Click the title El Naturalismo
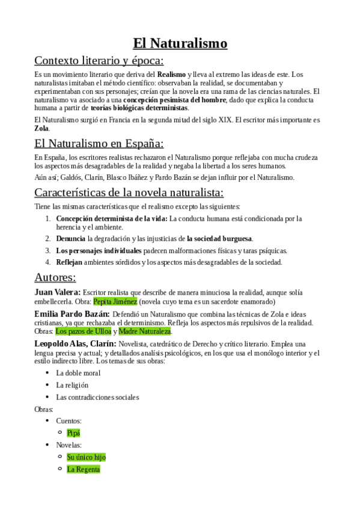(180, 43)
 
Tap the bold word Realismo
(171, 74)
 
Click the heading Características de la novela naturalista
(129, 192)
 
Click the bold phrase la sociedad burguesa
(219, 238)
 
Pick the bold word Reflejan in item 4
(69, 262)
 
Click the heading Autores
(55, 277)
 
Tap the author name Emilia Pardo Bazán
(72, 313)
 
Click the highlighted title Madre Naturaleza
(145, 331)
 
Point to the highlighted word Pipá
(73, 432)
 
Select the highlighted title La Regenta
(84, 469)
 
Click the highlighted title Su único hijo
(86, 456)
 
